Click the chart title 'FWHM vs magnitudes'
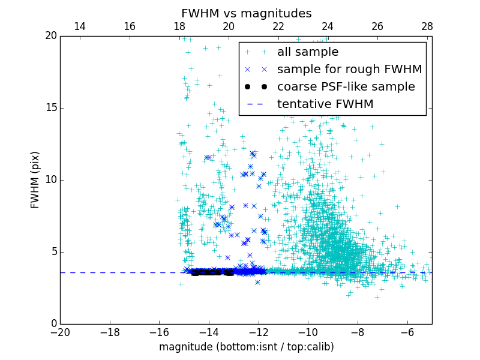(x=246, y=13)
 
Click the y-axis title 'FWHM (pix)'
(x=35, y=180)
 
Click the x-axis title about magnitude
(x=246, y=347)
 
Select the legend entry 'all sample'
(x=307, y=52)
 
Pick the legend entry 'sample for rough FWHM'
(x=349, y=70)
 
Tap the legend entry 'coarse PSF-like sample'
(x=346, y=87)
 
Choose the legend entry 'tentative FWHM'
(x=325, y=104)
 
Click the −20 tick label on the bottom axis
(x=60, y=332)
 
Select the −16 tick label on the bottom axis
(x=159, y=332)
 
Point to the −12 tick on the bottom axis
(x=259, y=332)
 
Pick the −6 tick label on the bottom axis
(x=407, y=332)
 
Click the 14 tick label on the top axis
(x=80, y=26)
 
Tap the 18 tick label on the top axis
(x=179, y=26)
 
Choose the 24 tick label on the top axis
(x=328, y=26)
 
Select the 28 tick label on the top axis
(x=427, y=26)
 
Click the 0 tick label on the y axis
(x=53, y=324)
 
